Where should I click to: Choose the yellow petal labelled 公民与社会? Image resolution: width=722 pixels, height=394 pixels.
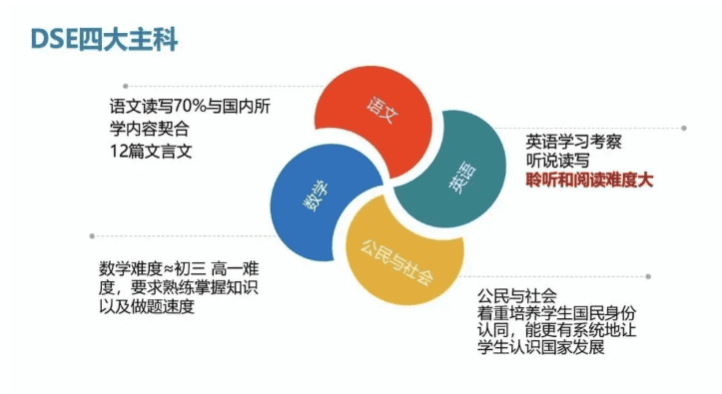tap(397, 261)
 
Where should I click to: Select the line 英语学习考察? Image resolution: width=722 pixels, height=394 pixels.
tap(574, 142)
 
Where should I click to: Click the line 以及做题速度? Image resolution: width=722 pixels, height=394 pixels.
tap(147, 307)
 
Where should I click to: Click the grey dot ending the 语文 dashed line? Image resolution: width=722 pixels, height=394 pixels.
tap(126, 86)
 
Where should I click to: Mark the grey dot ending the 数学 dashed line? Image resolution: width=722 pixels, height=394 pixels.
tap(93, 236)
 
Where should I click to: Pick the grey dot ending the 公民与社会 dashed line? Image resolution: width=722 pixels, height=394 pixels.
tap(650, 276)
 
